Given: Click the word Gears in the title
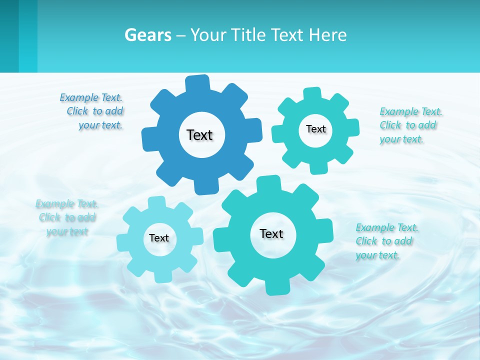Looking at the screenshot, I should (147, 35).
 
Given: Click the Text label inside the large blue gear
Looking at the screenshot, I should (199, 135).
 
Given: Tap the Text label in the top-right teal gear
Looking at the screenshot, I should (315, 129).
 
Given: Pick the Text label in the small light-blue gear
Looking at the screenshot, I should (159, 238).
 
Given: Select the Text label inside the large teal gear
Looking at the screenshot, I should (271, 233).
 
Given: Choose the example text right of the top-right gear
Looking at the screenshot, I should (410, 125).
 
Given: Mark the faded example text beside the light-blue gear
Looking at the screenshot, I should (67, 217).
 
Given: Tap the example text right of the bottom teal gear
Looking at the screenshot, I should (386, 241).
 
